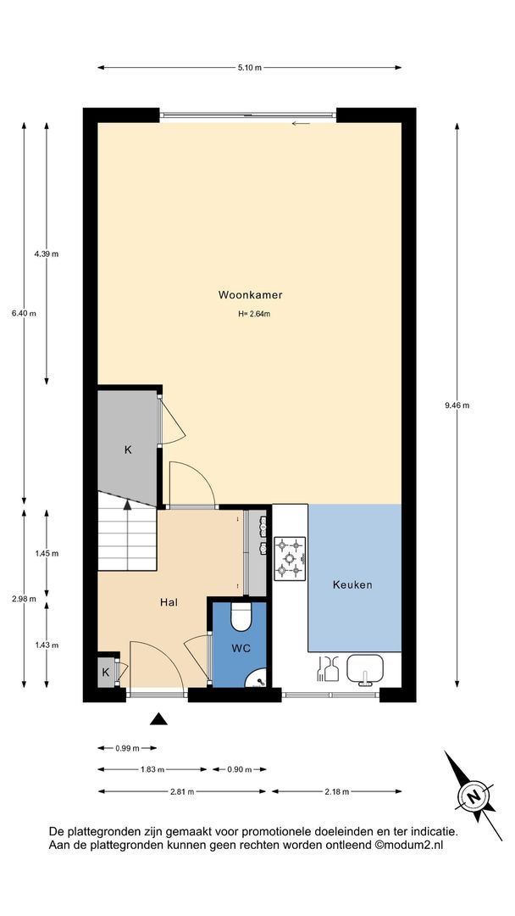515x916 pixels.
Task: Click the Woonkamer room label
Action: (x=250, y=295)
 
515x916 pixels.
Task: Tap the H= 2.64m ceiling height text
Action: (x=254, y=314)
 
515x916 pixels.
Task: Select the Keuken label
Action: (x=352, y=584)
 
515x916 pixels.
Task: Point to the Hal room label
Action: (x=169, y=602)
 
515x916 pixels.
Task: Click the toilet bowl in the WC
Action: (x=241, y=617)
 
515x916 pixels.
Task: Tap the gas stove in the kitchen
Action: (x=290, y=558)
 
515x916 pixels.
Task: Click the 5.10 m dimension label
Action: (x=250, y=68)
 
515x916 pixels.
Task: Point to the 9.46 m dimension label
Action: (x=457, y=405)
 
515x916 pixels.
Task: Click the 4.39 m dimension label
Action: (x=47, y=254)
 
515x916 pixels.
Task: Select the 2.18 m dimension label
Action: (x=336, y=791)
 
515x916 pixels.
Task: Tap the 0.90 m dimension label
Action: (x=239, y=770)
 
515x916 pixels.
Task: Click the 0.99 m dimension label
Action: (x=127, y=748)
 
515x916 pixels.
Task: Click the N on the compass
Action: (x=474, y=796)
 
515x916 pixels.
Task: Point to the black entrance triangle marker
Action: (x=158, y=719)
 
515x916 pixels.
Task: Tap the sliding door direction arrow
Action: (x=301, y=123)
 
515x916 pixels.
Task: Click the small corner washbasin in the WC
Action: (x=257, y=678)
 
